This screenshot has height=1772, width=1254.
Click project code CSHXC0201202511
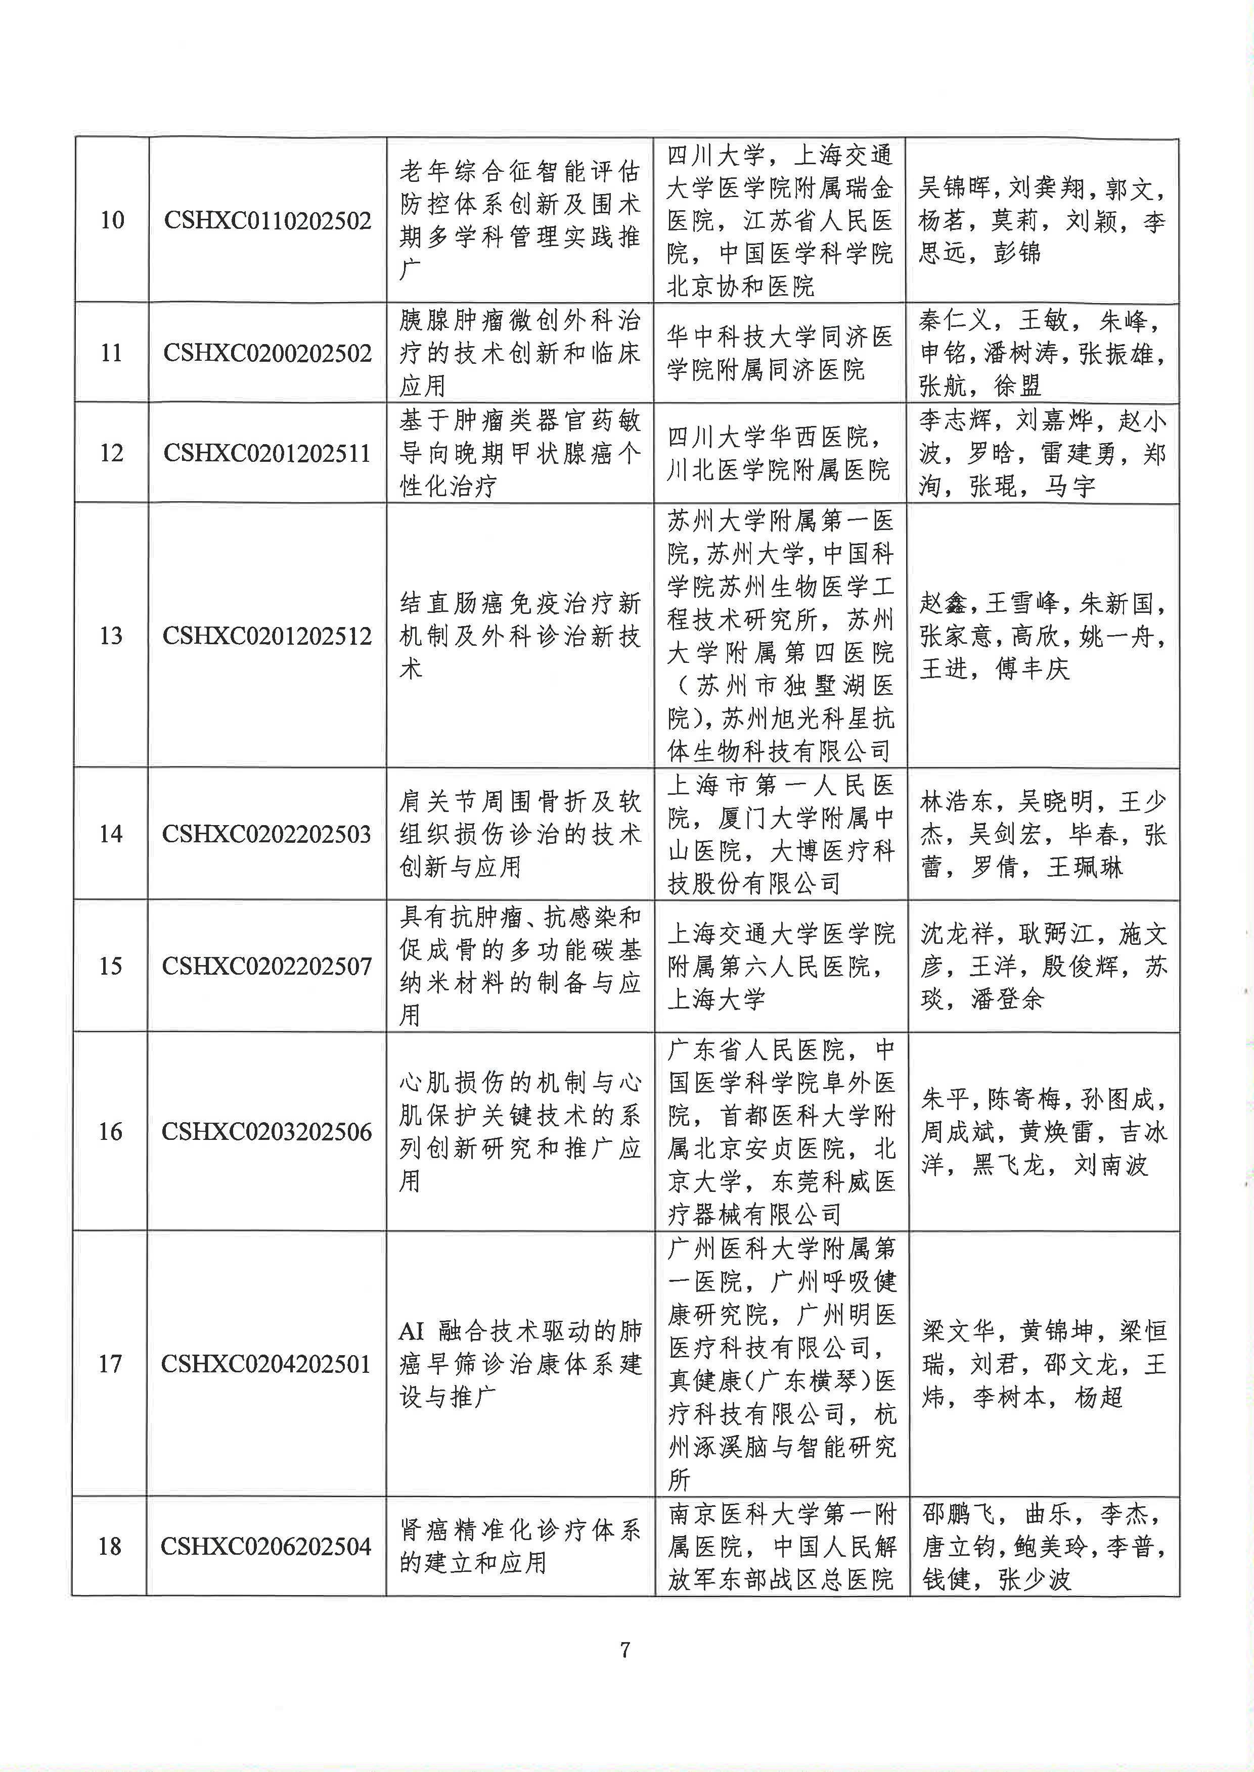[267, 453]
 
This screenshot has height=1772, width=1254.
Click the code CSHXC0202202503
[267, 834]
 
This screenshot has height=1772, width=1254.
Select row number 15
[110, 966]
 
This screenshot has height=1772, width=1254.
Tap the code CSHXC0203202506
[267, 1132]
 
